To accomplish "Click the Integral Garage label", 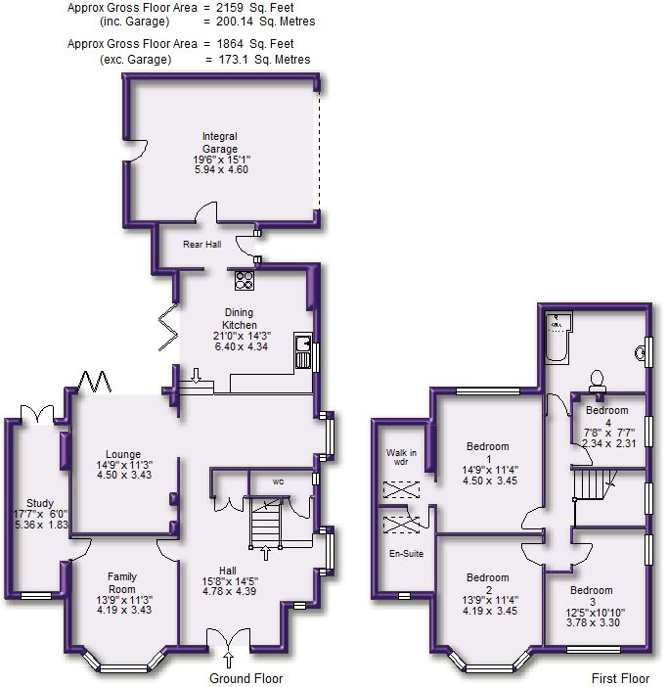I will pos(220,142).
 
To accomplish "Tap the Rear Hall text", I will pos(201,244).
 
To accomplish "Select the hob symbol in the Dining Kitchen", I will pos(245,280).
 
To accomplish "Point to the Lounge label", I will pos(123,454).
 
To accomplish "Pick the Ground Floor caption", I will pos(246,677).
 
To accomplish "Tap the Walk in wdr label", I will pos(401,457).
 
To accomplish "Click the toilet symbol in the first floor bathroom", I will pos(596,378).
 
